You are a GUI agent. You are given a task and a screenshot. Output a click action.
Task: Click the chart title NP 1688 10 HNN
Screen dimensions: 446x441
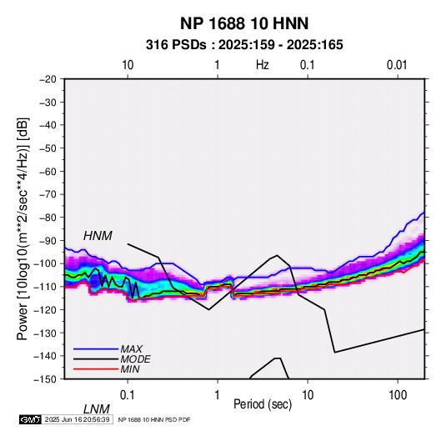pyautogui.click(x=244, y=23)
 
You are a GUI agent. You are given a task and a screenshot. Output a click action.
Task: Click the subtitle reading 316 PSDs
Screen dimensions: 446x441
pyautogui.click(x=176, y=45)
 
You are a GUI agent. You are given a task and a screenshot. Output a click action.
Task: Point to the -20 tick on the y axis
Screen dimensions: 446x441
pyautogui.click(x=48, y=79)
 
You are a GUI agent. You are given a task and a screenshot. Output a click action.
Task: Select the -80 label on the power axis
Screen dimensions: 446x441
pyautogui.click(x=48, y=218)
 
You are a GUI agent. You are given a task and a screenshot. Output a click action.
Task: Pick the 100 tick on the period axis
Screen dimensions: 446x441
pyautogui.click(x=398, y=395)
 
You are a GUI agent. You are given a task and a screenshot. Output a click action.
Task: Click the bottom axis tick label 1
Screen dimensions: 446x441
pyautogui.click(x=218, y=395)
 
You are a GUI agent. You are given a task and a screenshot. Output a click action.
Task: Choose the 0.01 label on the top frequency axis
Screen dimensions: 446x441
pyautogui.click(x=397, y=65)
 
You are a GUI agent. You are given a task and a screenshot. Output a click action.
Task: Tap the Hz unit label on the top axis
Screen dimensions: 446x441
pyautogui.click(x=263, y=65)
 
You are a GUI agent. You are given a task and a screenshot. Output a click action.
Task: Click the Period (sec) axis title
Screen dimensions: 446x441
pyautogui.click(x=263, y=404)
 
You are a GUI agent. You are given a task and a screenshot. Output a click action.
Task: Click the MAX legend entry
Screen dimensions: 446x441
pyautogui.click(x=132, y=348)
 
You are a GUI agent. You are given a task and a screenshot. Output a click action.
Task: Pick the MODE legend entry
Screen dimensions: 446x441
pyautogui.click(x=135, y=359)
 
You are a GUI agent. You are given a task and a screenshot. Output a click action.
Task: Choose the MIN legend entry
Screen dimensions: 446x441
pyautogui.click(x=130, y=369)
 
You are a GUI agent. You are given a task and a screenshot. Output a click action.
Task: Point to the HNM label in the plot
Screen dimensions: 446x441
pyautogui.click(x=98, y=236)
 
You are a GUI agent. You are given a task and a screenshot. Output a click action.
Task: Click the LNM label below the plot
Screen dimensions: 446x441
pyautogui.click(x=97, y=409)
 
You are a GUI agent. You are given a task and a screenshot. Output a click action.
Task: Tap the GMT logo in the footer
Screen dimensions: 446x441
pyautogui.click(x=30, y=419)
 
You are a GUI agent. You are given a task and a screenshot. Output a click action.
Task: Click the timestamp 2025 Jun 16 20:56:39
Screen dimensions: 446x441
pyautogui.click(x=77, y=419)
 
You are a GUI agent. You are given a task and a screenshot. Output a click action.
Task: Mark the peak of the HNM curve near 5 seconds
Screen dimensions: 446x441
pyautogui.click(x=277, y=255)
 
